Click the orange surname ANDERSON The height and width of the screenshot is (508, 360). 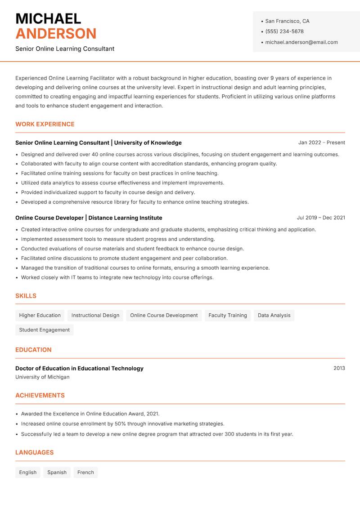pyautogui.click(x=56, y=34)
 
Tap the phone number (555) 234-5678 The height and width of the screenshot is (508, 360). pyautogui.click(x=284, y=31)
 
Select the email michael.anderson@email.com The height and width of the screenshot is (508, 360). pyautogui.click(x=301, y=42)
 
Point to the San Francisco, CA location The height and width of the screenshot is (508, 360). pyautogui.click(x=287, y=21)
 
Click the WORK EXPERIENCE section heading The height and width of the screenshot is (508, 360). pyautogui.click(x=45, y=124)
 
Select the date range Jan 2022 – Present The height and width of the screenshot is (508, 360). pyautogui.click(x=321, y=143)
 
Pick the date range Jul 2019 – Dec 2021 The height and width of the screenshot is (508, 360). pyautogui.click(x=321, y=218)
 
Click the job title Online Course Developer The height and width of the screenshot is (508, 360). pyautogui.click(x=49, y=218)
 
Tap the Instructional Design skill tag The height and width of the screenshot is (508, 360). pyautogui.click(x=95, y=315)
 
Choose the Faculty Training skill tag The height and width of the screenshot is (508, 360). pyautogui.click(x=228, y=315)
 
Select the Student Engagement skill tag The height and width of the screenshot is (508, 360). pyautogui.click(x=45, y=330)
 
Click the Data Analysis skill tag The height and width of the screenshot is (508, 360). pyautogui.click(x=274, y=315)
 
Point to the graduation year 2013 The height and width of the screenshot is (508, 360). pyautogui.click(x=339, y=368)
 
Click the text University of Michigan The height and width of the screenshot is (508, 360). pyautogui.click(x=42, y=377)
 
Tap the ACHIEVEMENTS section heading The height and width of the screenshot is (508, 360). pyautogui.click(x=40, y=395)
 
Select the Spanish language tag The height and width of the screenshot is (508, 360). pyautogui.click(x=57, y=472)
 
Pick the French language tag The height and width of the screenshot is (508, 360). pyautogui.click(x=85, y=472)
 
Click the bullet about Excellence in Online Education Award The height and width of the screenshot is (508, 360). pyautogui.click(x=90, y=414)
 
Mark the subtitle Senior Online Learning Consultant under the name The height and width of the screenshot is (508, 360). pyautogui.click(x=65, y=49)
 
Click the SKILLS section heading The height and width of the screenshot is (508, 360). pyautogui.click(x=26, y=296)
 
